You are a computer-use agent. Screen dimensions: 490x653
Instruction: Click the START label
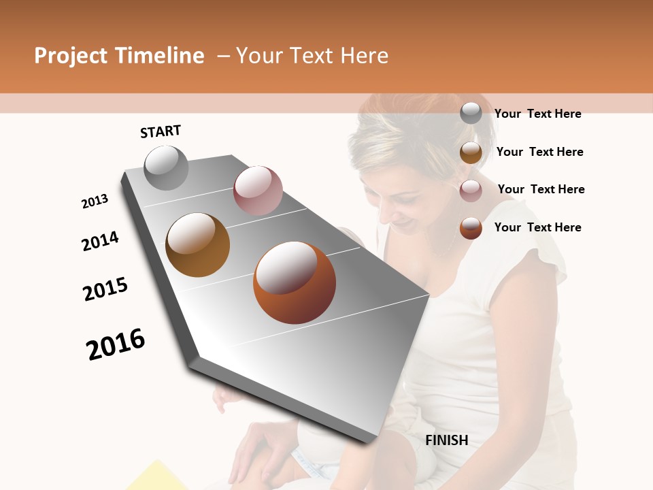pos(161,131)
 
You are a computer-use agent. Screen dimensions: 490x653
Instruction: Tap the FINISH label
pos(446,440)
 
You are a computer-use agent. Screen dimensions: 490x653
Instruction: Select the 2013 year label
pos(95,201)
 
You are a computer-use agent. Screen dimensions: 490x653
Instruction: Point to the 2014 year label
pos(100,241)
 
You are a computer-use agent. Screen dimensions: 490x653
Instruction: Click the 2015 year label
pos(105,289)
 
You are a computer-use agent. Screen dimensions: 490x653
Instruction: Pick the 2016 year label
pos(116,344)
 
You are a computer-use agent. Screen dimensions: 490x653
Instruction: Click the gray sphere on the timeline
pos(166,167)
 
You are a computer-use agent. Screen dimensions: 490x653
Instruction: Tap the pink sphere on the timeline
pos(258,191)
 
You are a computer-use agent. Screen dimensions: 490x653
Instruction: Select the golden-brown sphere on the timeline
pos(197,244)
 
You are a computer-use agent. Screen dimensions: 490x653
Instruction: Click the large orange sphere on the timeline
pos(295,282)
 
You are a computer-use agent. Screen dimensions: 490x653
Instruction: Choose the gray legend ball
pos(471,114)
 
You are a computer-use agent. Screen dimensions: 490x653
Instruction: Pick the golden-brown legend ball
pos(471,152)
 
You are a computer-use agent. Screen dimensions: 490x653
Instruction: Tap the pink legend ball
pos(471,191)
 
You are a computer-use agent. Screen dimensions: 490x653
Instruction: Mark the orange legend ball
pos(471,228)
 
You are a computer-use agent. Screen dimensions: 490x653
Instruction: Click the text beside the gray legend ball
pos(537,114)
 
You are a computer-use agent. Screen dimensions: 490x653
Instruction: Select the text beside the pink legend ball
pos(541,189)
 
